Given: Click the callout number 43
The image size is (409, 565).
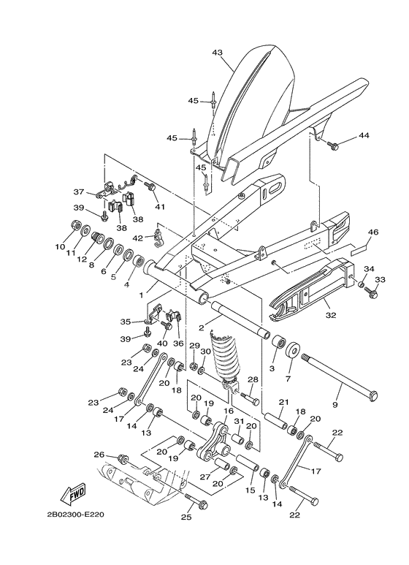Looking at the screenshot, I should click(x=217, y=52).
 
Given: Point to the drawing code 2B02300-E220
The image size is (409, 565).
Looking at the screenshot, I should click(x=75, y=514).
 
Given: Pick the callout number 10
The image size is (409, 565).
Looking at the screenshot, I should click(x=60, y=247).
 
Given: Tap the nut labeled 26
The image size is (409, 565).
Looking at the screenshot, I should click(x=123, y=459).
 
